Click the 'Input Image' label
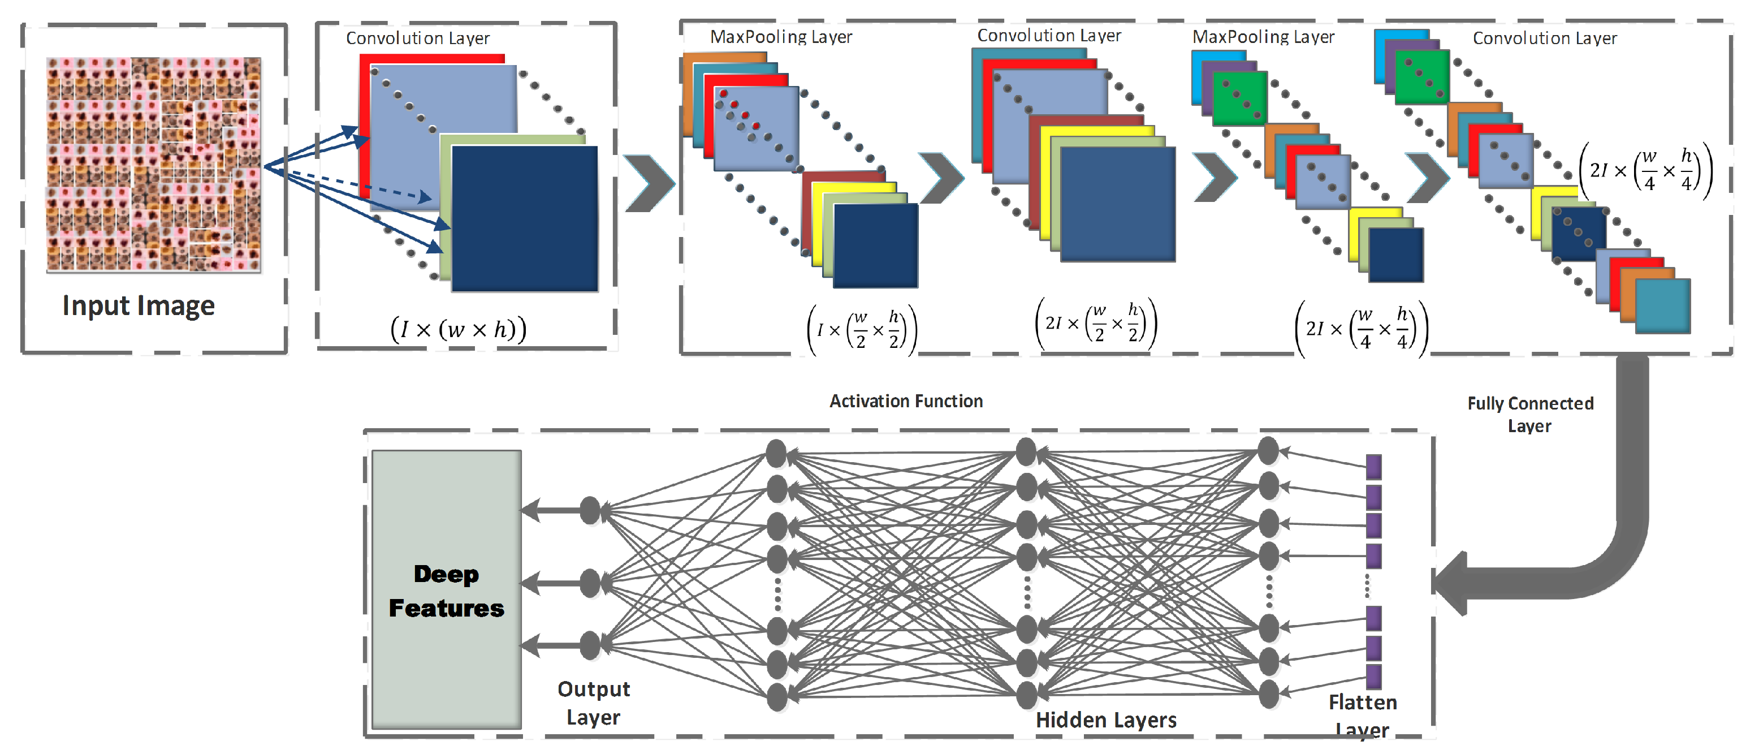(139, 306)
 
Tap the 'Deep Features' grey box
(446, 590)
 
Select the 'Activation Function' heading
(906, 402)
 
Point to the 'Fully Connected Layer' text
(1530, 414)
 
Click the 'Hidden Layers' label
(1105, 719)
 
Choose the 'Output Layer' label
(593, 703)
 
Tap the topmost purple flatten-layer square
(1373, 467)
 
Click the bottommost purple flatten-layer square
(1373, 676)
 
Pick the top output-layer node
(590, 511)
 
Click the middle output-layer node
(590, 583)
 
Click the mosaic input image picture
(154, 165)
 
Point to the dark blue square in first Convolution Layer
(525, 218)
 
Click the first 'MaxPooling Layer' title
(781, 37)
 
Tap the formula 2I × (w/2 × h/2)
(1096, 324)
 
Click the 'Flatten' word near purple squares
(1363, 703)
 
